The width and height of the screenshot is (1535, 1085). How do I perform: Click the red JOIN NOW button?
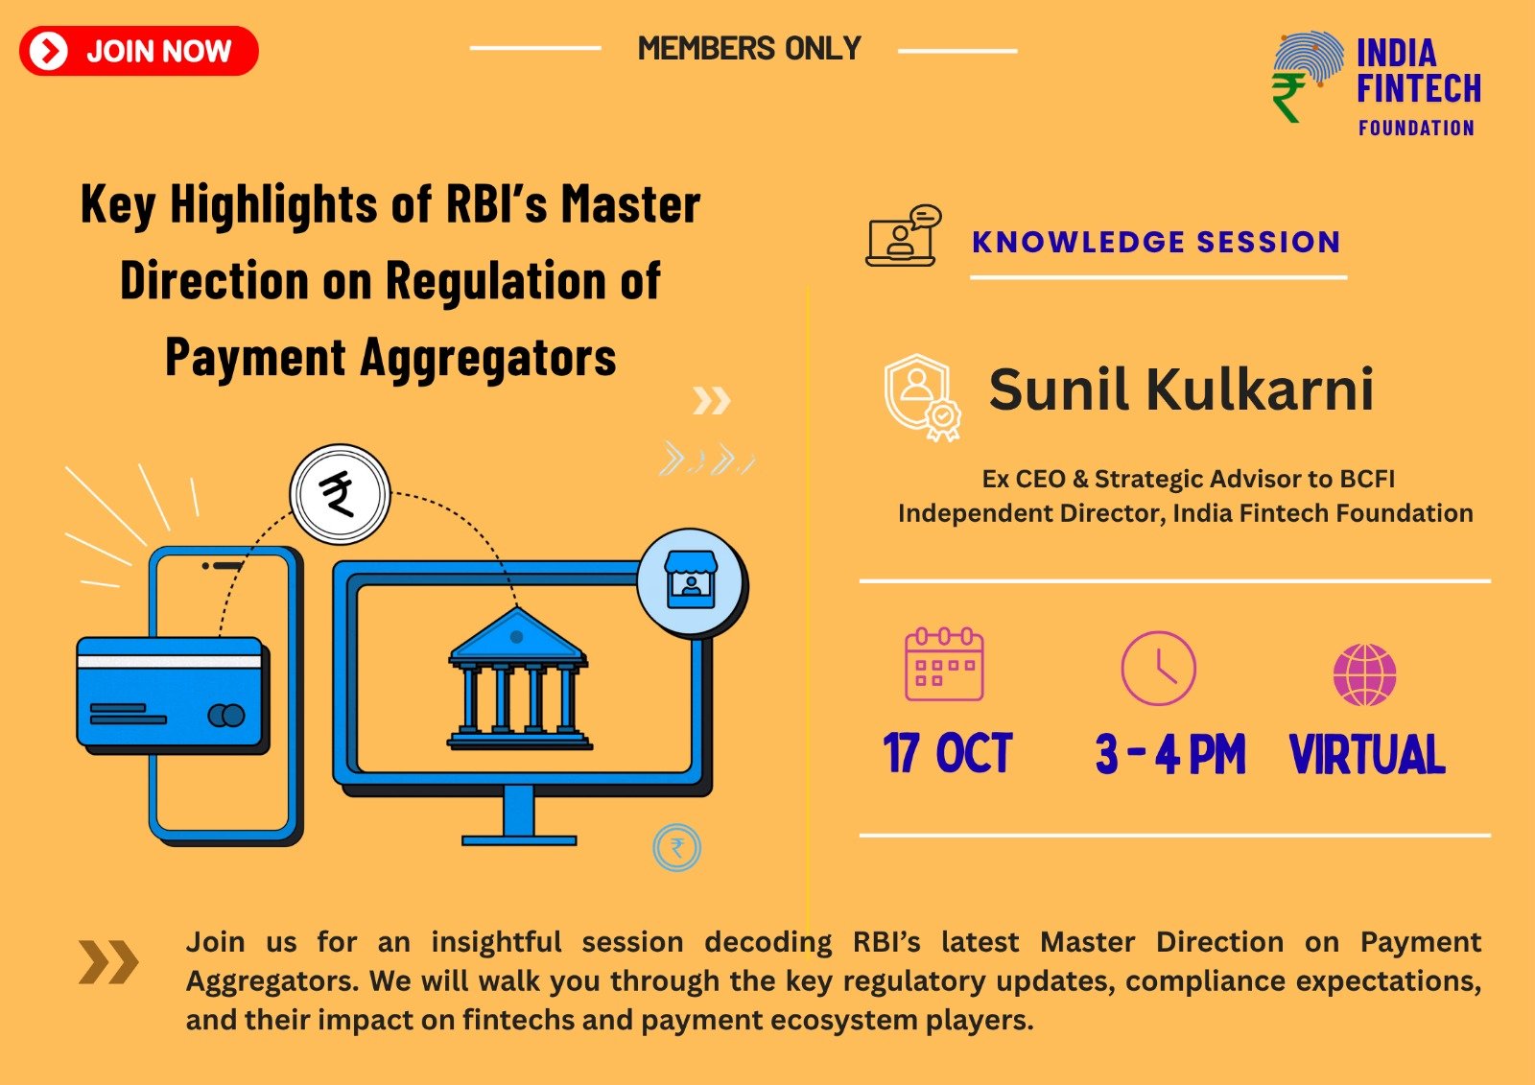point(139,51)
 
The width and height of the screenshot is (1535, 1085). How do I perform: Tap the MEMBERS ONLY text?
point(749,49)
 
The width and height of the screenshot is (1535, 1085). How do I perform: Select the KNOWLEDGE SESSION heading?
point(1156,242)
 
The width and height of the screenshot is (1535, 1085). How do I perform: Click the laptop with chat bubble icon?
point(904,235)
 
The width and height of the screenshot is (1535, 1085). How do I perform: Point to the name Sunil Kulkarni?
point(1181,389)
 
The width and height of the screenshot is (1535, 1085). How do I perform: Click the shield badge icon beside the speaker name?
point(922,397)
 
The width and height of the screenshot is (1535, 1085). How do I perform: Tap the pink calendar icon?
point(944,664)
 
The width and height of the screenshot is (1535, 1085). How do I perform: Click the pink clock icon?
point(1159,669)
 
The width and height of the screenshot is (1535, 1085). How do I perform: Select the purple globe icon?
point(1365,675)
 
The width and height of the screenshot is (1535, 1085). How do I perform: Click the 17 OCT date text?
point(948,753)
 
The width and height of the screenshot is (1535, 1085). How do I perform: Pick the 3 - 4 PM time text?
point(1170,754)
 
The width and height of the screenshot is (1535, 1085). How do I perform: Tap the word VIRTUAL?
point(1368,754)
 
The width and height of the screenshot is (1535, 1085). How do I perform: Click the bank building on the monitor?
point(519,678)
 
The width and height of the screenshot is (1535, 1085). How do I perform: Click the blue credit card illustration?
point(173,695)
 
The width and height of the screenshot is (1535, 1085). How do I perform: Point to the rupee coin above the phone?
point(340,494)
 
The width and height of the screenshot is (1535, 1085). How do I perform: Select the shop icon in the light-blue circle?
point(692,581)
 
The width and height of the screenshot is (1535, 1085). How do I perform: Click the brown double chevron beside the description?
point(109,962)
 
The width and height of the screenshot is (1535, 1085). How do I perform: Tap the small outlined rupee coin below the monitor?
point(677,848)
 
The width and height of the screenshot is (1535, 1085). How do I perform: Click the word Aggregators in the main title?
point(488,359)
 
